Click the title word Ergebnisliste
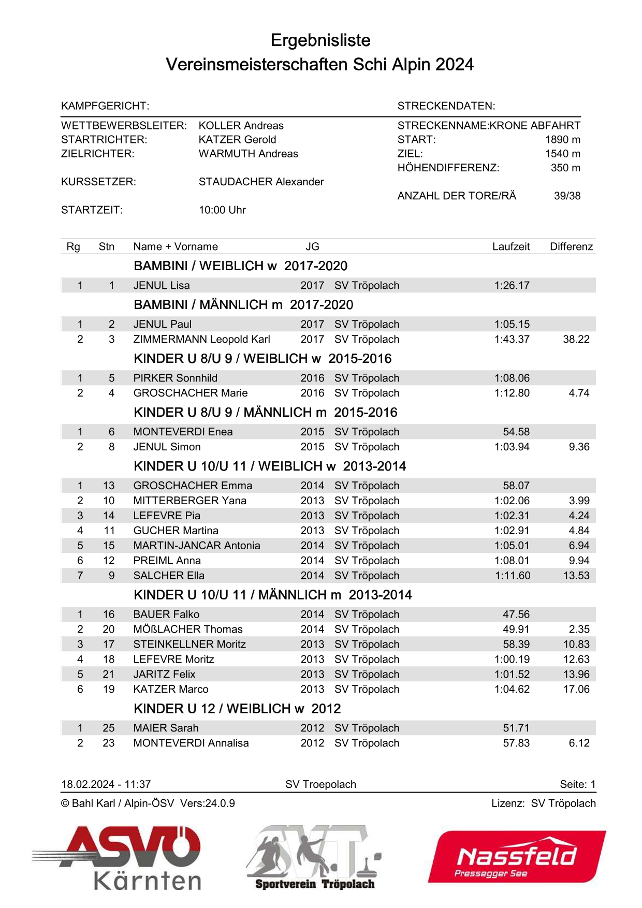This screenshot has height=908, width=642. (320, 40)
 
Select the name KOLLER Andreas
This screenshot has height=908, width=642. (241, 126)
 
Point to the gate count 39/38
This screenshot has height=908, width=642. (567, 196)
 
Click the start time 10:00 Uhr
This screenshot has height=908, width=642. (222, 210)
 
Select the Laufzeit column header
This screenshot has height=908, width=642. (510, 247)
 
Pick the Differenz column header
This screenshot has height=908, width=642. (571, 247)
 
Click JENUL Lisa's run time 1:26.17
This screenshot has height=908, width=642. (512, 286)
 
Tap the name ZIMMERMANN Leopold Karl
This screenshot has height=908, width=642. (201, 340)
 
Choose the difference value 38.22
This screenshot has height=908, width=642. (576, 340)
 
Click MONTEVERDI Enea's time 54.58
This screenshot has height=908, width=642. (516, 432)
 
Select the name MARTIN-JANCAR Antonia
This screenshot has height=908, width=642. (197, 546)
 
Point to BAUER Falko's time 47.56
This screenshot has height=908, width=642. (516, 614)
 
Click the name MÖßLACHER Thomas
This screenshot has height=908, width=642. (188, 629)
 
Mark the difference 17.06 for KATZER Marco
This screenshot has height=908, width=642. (576, 690)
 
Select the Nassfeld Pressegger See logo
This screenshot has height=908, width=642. (516, 857)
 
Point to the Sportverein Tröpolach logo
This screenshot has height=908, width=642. (314, 857)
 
